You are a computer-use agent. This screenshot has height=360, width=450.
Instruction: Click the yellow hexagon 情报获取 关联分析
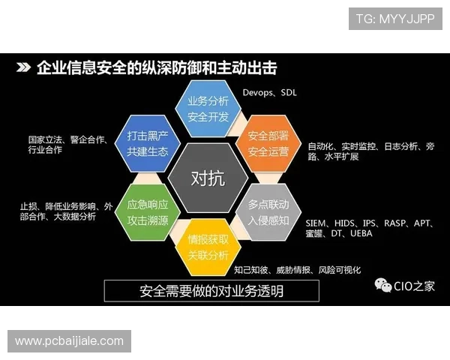click(208, 247)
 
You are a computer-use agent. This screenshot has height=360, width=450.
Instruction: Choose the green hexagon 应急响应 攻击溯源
click(147, 212)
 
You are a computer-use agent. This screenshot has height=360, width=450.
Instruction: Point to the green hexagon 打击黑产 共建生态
click(147, 143)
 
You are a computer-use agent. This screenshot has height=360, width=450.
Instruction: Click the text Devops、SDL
click(270, 93)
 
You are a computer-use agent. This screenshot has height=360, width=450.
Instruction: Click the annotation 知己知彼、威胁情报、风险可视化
click(297, 269)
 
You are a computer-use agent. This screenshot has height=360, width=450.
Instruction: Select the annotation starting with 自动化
click(370, 151)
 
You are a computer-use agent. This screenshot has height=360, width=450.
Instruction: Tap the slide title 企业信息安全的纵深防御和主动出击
click(157, 68)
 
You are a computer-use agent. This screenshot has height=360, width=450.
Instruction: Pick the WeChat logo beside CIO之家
click(383, 285)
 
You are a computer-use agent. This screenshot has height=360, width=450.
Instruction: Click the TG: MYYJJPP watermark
click(395, 18)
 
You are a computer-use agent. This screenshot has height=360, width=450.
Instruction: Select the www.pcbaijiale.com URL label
click(69, 341)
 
